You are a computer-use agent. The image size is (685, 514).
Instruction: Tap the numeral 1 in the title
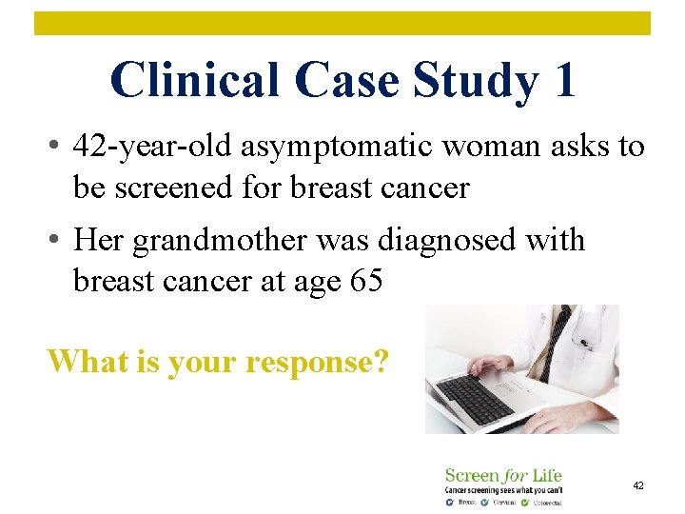click(562, 80)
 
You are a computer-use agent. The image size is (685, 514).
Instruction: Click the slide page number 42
click(638, 485)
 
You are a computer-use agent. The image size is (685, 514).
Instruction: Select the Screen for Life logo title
click(503, 474)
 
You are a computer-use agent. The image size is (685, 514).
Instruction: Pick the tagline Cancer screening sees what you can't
click(503, 489)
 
